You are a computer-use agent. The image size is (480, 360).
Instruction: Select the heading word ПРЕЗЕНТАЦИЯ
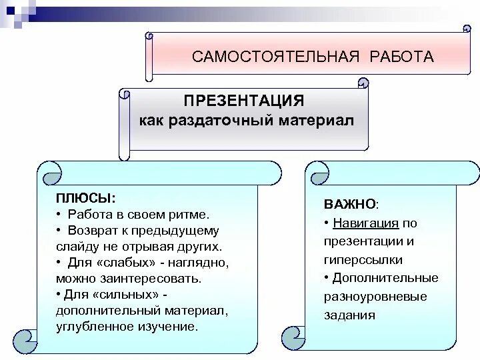[244, 101]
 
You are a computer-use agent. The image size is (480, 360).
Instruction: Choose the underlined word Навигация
[367, 223]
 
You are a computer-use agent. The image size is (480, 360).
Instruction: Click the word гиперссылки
[363, 260]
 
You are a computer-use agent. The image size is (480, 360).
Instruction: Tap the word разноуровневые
[377, 297]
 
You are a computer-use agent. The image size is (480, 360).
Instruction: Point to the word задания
[350, 315]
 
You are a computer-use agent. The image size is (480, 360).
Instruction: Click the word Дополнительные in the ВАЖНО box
[385, 278]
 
